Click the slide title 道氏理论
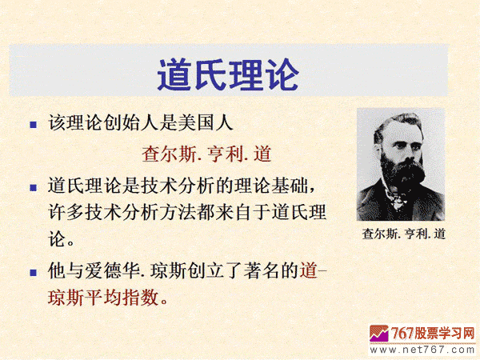point(227,74)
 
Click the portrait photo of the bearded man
point(400,164)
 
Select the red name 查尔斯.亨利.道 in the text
point(212,153)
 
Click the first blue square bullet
point(33,125)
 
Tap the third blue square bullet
point(33,270)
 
